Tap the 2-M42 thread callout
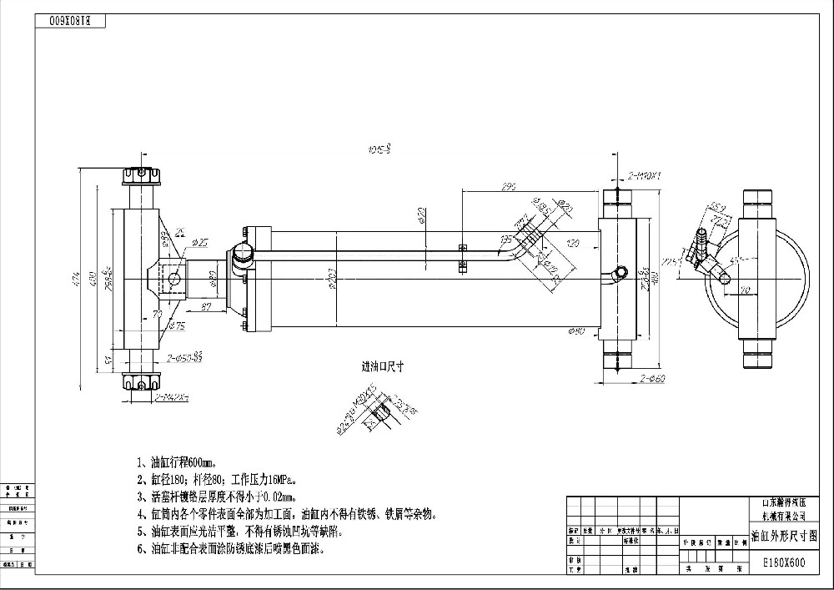pos(171,396)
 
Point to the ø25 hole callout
pos(199,242)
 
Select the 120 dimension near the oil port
pos(573,244)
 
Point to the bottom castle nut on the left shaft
pos(140,382)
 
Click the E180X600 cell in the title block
pos(784,562)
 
